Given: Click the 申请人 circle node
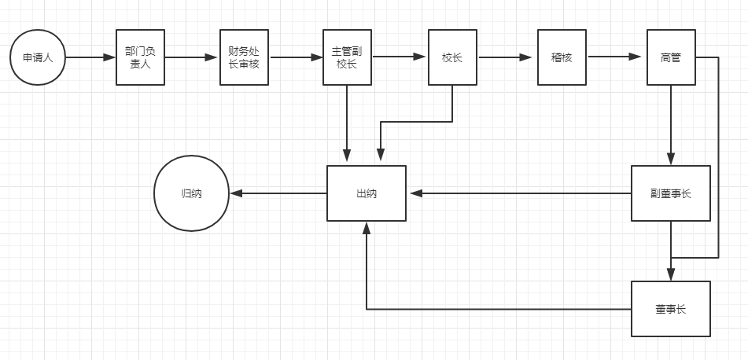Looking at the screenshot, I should coord(38,57).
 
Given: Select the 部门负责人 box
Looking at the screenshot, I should coord(140,57).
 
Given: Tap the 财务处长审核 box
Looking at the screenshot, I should coord(244,57).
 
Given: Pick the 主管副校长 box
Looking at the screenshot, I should coord(347,57).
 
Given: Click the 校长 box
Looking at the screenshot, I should coord(452,57).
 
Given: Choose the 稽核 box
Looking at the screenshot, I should coord(562,57).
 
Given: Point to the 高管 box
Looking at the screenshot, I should coord(671,57).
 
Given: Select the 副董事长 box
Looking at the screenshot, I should coord(671,193).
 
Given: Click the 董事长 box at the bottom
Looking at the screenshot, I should coord(671,309).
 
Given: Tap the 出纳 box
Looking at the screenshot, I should coord(367,193).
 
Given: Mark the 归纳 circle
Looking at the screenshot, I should coord(191,193).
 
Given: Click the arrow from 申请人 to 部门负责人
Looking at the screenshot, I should coord(90,57).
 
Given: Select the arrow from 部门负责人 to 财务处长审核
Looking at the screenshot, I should coord(192,57).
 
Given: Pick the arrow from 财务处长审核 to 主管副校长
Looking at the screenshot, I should coord(296,57).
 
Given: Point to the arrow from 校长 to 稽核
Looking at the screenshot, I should coord(507,57).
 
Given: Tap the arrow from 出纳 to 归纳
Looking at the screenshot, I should coord(278,193).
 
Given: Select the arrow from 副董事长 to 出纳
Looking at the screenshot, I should coord(519,193).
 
